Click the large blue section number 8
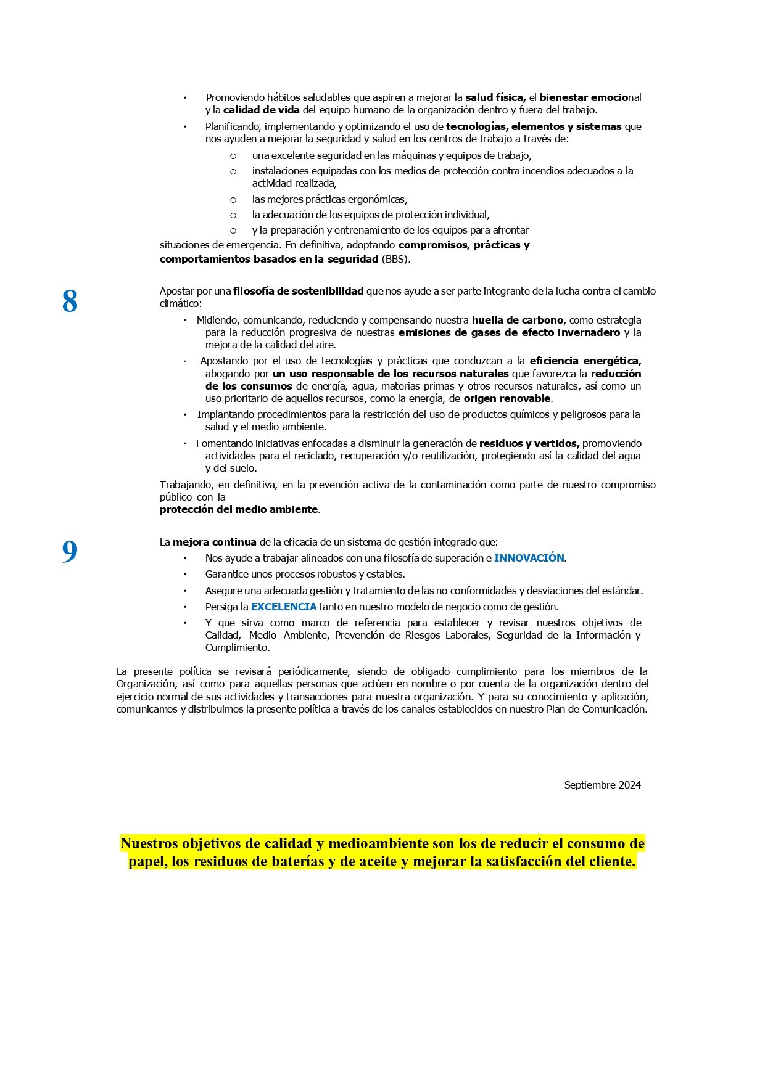[70, 302]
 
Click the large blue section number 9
[70, 552]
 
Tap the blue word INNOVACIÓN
[529, 558]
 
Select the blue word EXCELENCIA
[284, 607]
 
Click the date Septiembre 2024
[602, 785]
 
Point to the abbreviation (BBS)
[395, 259]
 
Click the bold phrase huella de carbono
[517, 320]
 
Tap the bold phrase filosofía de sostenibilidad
[298, 291]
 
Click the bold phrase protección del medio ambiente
[239, 509]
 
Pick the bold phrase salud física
[495, 97]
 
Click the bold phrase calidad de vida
[261, 110]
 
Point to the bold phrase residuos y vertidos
[529, 443]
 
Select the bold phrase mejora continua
[214, 542]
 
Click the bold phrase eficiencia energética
[585, 361]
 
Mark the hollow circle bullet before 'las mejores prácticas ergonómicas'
[233, 200]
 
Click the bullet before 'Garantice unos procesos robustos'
[185, 575]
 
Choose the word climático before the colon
[179, 303]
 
